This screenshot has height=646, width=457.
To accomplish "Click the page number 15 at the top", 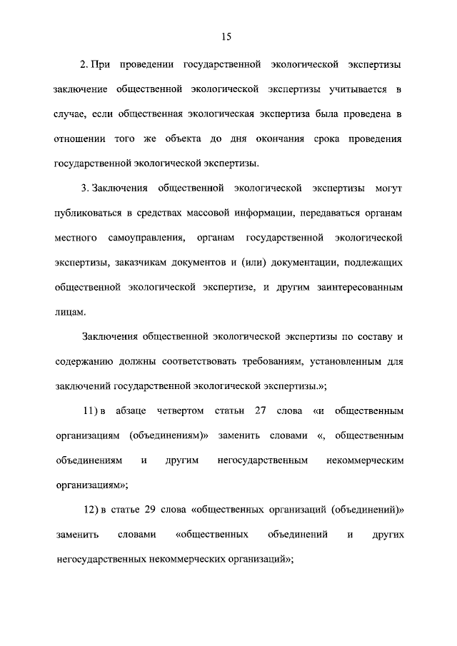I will pos(228,36).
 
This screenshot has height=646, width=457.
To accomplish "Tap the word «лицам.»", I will pos(69,311).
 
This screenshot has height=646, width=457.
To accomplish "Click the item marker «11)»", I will pos(89,411).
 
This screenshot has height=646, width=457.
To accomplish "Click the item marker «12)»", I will pos(89,510).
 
